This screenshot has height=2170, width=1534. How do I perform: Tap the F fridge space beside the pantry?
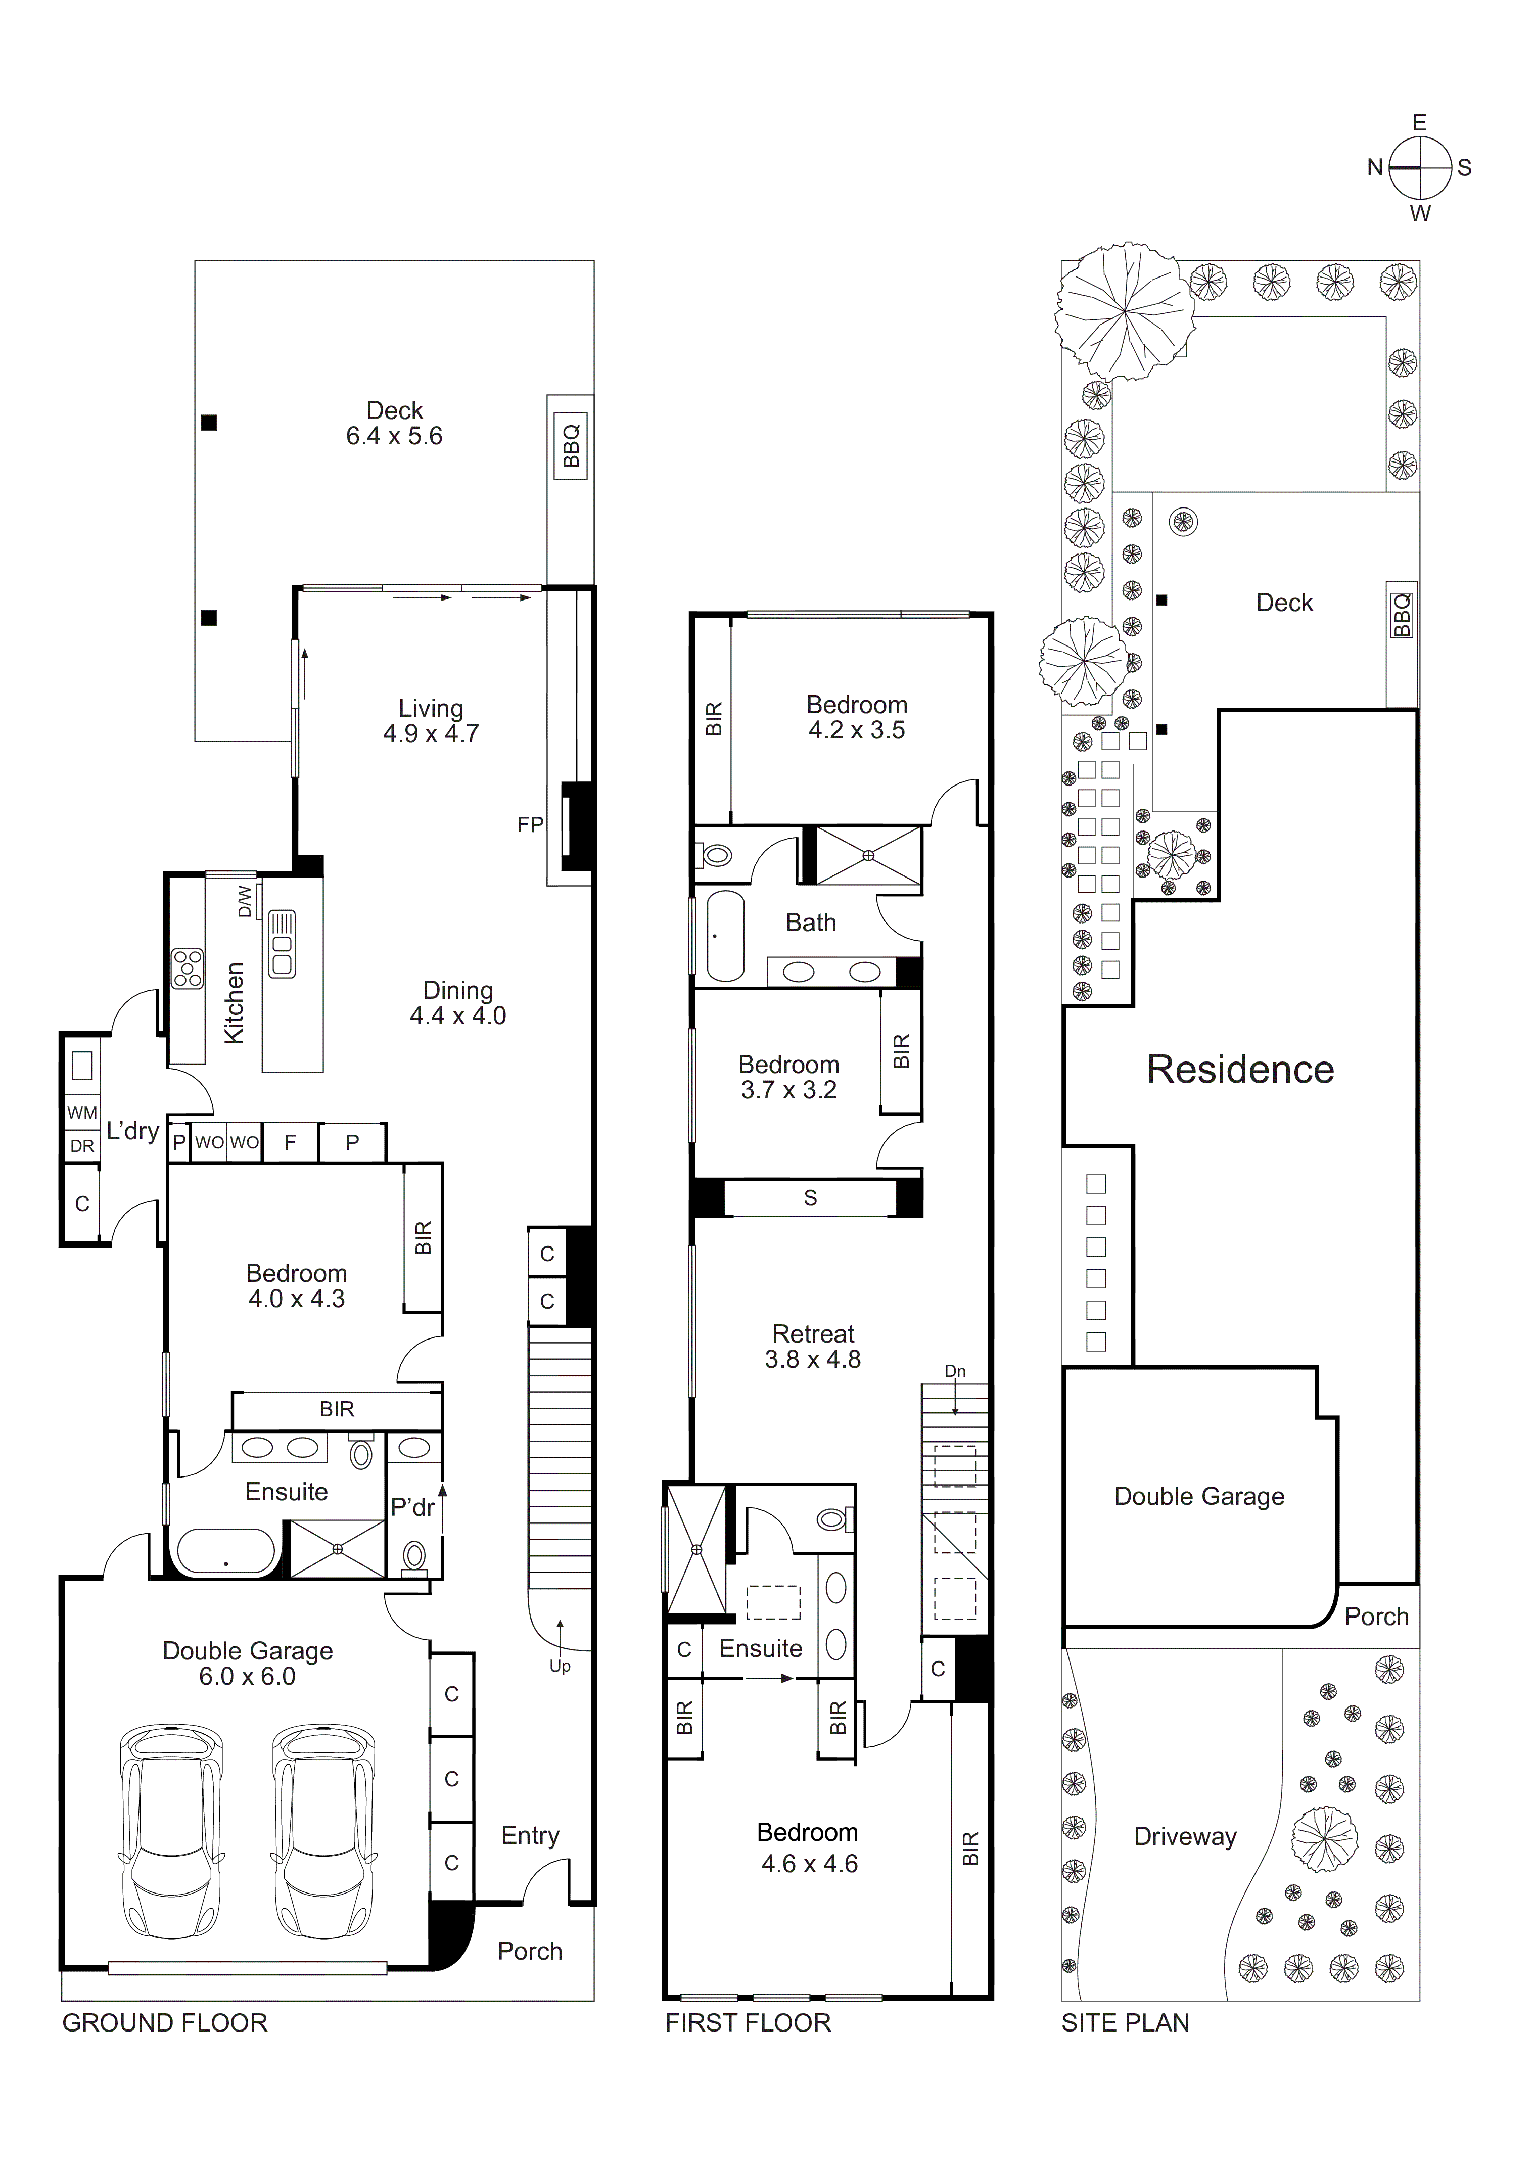[290, 1143]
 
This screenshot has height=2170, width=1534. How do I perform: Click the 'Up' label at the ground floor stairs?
[560, 1666]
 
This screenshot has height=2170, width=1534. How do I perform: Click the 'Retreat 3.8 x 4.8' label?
[813, 1347]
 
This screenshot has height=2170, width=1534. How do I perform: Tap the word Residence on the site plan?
[1240, 1070]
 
